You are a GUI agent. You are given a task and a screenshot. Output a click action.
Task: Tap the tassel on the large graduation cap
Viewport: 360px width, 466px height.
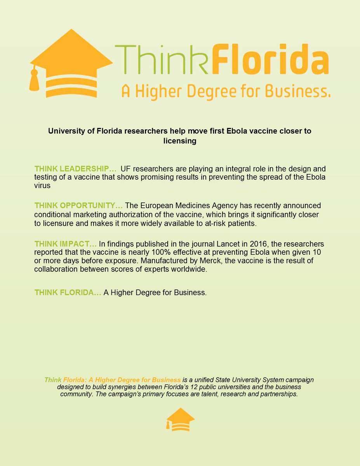[x=34, y=79]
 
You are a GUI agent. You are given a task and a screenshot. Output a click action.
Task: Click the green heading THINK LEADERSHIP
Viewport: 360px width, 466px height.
[x=75, y=169]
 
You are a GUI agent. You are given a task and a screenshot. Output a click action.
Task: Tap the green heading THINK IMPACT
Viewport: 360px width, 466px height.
[x=65, y=244]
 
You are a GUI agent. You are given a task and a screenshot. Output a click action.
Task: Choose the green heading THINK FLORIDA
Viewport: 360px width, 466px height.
[x=68, y=292]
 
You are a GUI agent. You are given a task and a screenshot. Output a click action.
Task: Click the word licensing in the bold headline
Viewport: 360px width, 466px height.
[x=180, y=141]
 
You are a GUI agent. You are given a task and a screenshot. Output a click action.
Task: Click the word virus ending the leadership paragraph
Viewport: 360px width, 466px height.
[x=42, y=186]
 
